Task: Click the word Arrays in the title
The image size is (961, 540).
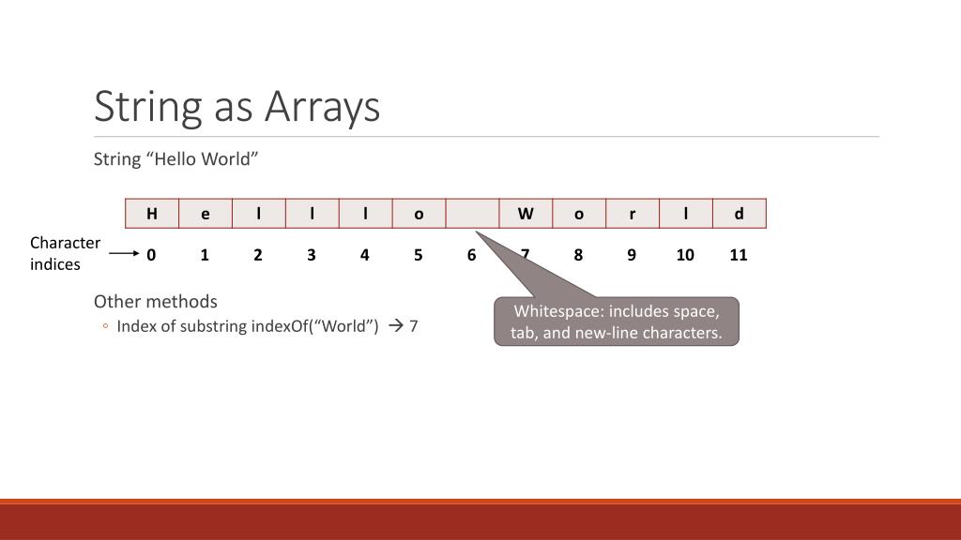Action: pyautogui.click(x=322, y=107)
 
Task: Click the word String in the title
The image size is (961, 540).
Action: pyautogui.click(x=148, y=107)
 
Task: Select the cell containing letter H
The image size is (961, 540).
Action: pyautogui.click(x=152, y=214)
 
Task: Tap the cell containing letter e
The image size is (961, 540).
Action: pyautogui.click(x=206, y=214)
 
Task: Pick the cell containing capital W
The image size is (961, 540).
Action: pyautogui.click(x=526, y=214)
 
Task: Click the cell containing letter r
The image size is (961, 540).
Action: pyautogui.click(x=633, y=214)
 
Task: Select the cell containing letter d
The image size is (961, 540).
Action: pyautogui.click(x=740, y=214)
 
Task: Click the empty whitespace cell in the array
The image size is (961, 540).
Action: pyautogui.click(x=472, y=214)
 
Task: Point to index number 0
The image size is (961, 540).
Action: pyautogui.click(x=151, y=255)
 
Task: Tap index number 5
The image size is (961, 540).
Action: pyautogui.click(x=419, y=255)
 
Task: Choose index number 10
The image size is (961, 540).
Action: pyautogui.click(x=685, y=255)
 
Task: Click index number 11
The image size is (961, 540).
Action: pyautogui.click(x=739, y=255)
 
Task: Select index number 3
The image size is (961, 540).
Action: pyautogui.click(x=312, y=255)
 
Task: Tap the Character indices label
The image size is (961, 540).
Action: pyautogui.click(x=65, y=253)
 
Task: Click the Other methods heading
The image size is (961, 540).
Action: pyautogui.click(x=155, y=302)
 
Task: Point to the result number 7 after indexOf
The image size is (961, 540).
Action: pyautogui.click(x=414, y=326)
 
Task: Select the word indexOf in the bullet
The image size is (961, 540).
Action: pyautogui.click(x=279, y=326)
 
